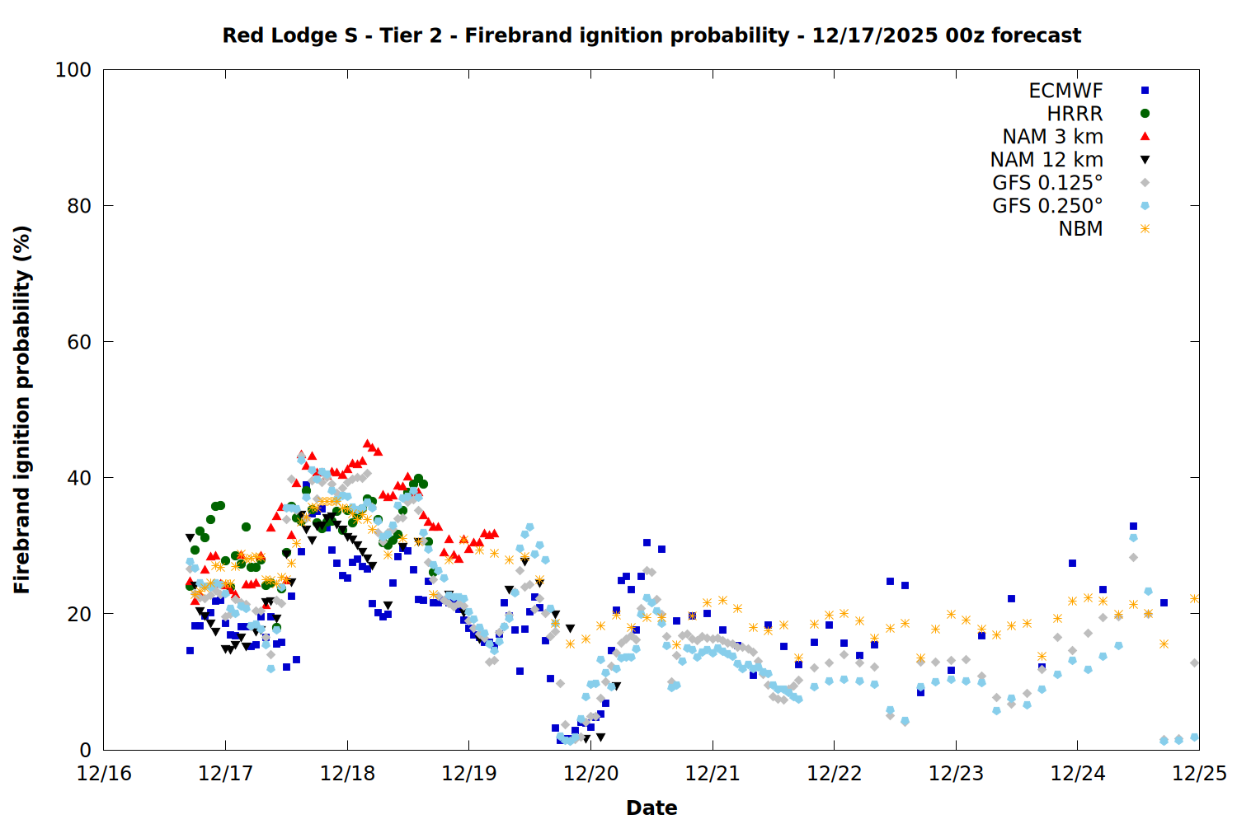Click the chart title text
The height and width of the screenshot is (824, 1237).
[651, 35]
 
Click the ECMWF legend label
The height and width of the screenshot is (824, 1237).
[1065, 91]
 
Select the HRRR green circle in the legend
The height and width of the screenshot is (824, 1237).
[1145, 114]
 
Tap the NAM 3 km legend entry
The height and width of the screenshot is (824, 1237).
[1052, 137]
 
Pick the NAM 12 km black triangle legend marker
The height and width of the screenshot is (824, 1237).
[1145, 160]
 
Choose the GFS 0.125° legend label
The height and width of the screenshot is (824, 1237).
[1047, 183]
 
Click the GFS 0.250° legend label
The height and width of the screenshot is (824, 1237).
[1047, 206]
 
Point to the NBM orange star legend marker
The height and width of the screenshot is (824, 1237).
[1145, 229]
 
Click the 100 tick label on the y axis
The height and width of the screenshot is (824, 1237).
[73, 70]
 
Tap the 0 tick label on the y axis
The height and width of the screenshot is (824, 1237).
[84, 750]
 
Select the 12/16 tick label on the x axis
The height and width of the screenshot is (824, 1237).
[104, 774]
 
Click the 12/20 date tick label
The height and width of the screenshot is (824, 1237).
[591, 774]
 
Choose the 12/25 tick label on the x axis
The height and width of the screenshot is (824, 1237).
[1199, 774]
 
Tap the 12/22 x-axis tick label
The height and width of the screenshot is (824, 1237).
[835, 774]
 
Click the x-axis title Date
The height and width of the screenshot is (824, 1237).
[651, 808]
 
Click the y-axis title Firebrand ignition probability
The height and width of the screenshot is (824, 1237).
[21, 410]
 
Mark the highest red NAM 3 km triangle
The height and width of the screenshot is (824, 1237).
[368, 444]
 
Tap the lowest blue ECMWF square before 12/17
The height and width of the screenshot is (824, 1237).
[190, 650]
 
